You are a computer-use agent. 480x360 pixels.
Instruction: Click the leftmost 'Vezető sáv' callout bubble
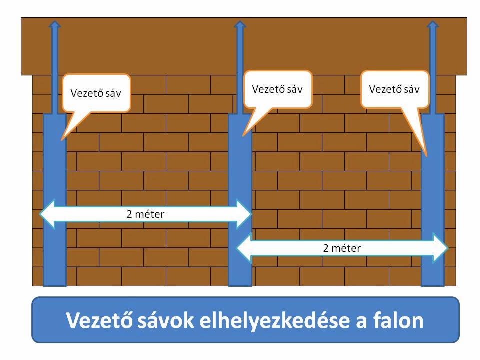(96, 93)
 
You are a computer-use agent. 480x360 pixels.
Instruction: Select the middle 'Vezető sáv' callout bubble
(278, 89)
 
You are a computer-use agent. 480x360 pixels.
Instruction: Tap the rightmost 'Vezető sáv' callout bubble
(394, 89)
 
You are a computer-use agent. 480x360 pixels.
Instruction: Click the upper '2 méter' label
(145, 214)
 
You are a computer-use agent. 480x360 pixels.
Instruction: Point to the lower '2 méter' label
(342, 248)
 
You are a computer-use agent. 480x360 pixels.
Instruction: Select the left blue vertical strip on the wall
(55, 200)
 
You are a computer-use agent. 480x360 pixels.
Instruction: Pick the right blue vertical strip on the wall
(433, 200)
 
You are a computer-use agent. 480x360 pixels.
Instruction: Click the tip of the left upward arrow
(55, 23)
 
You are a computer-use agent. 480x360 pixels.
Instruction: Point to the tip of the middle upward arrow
(240, 23)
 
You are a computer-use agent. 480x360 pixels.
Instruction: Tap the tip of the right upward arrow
(433, 23)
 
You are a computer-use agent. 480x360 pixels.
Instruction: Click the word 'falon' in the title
(396, 320)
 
